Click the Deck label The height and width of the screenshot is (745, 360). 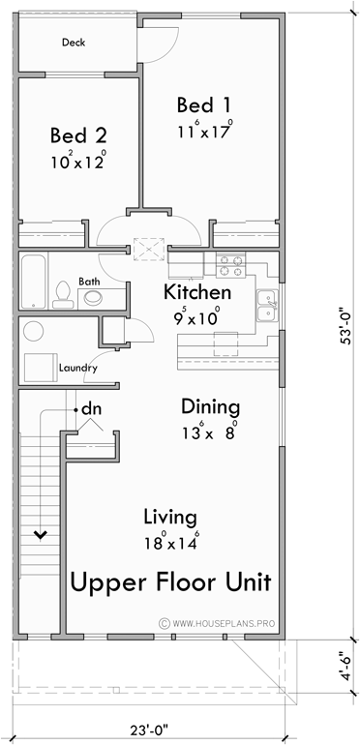pos(74,43)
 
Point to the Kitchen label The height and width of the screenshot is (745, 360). pos(196,292)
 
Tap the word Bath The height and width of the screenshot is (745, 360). pos(89,282)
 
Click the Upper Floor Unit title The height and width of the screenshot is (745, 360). pos(169,583)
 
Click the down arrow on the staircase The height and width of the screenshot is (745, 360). pos(41,532)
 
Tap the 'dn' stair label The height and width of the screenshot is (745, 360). pos(91,409)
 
